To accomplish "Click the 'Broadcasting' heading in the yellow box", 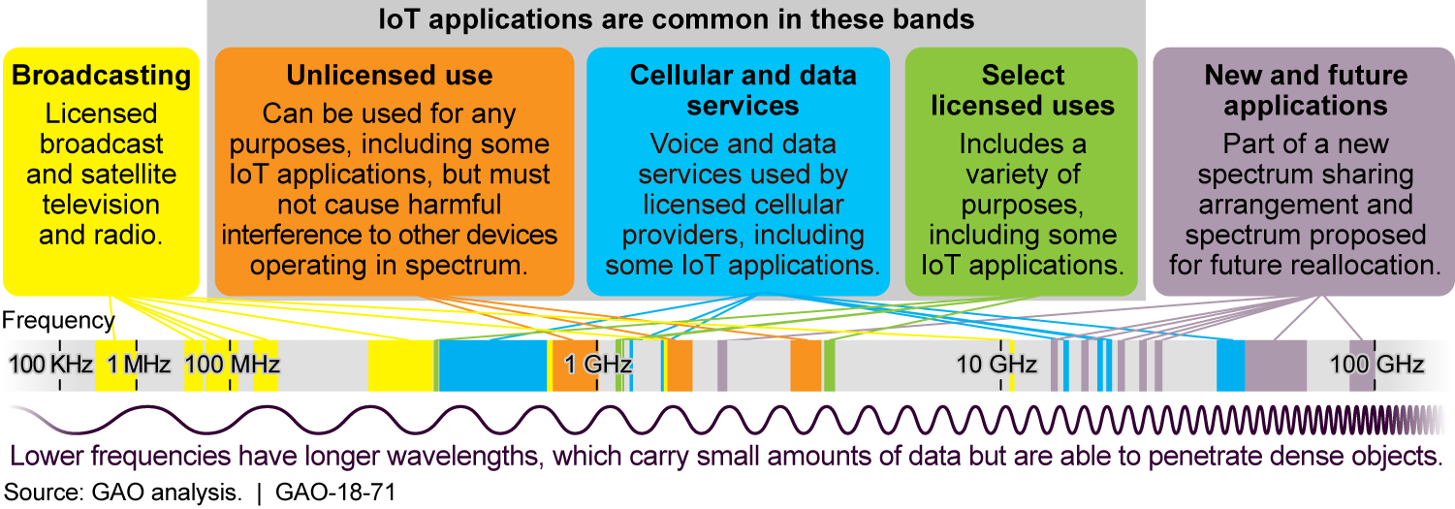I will (102, 76).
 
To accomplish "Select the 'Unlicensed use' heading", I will (390, 76).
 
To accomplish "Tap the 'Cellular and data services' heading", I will (738, 89).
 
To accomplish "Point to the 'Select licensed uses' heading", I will (1023, 89).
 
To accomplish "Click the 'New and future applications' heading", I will (1305, 89).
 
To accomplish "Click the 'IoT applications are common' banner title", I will (677, 18).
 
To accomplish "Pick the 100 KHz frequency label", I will (51, 366).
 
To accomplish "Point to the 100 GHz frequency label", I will (1376, 366).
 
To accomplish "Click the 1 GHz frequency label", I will (598, 366).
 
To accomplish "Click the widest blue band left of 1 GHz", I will (492, 366).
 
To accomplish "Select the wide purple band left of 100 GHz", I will (1276, 366).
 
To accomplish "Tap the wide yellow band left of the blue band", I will (400, 366).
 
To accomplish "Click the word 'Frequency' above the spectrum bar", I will (58, 321).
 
